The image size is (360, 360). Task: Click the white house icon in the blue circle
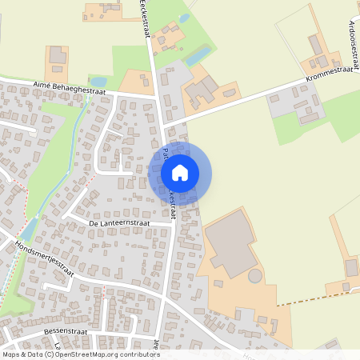coord(180,172)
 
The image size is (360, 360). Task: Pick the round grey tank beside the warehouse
coord(254,277)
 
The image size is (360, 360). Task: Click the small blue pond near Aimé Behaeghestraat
coord(98,82)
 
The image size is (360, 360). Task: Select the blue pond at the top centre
coord(184,18)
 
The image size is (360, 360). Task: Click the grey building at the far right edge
coord(351,266)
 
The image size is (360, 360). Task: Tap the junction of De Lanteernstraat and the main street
coord(174,223)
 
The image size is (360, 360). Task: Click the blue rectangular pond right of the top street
coord(198,54)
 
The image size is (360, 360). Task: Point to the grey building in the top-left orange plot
coord(58,55)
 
